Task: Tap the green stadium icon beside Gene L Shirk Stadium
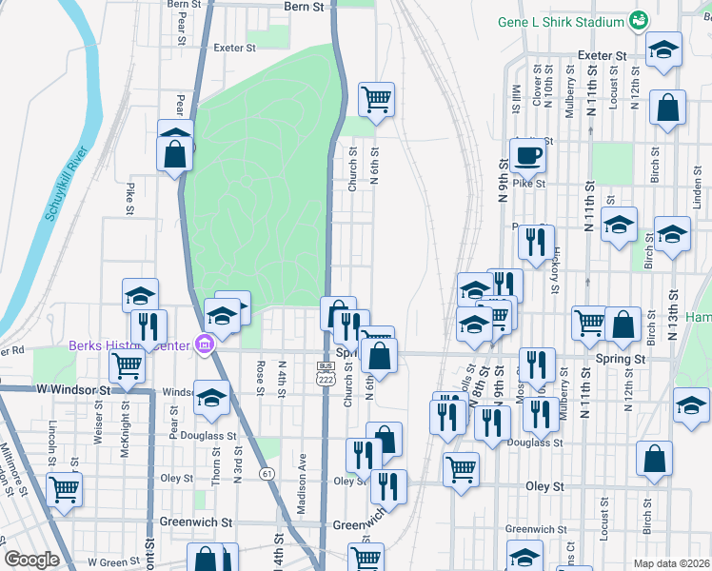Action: pyautogui.click(x=640, y=21)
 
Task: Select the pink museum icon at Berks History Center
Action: pyautogui.click(x=203, y=344)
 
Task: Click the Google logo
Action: pyautogui.click(x=31, y=560)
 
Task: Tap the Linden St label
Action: pyautogui.click(x=698, y=189)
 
